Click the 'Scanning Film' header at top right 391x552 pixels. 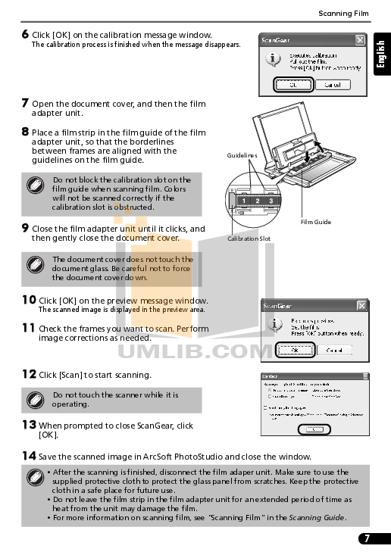point(344,13)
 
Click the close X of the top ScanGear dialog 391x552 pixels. point(360,39)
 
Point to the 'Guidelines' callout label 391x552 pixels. point(242,155)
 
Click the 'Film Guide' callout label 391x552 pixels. point(315,222)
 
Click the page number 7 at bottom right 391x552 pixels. point(367,538)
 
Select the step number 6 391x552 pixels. point(25,34)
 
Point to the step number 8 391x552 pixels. point(25,132)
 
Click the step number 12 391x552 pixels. point(29,374)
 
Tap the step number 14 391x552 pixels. point(29,456)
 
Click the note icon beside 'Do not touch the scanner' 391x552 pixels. point(34,399)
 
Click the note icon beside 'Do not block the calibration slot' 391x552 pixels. point(34,186)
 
